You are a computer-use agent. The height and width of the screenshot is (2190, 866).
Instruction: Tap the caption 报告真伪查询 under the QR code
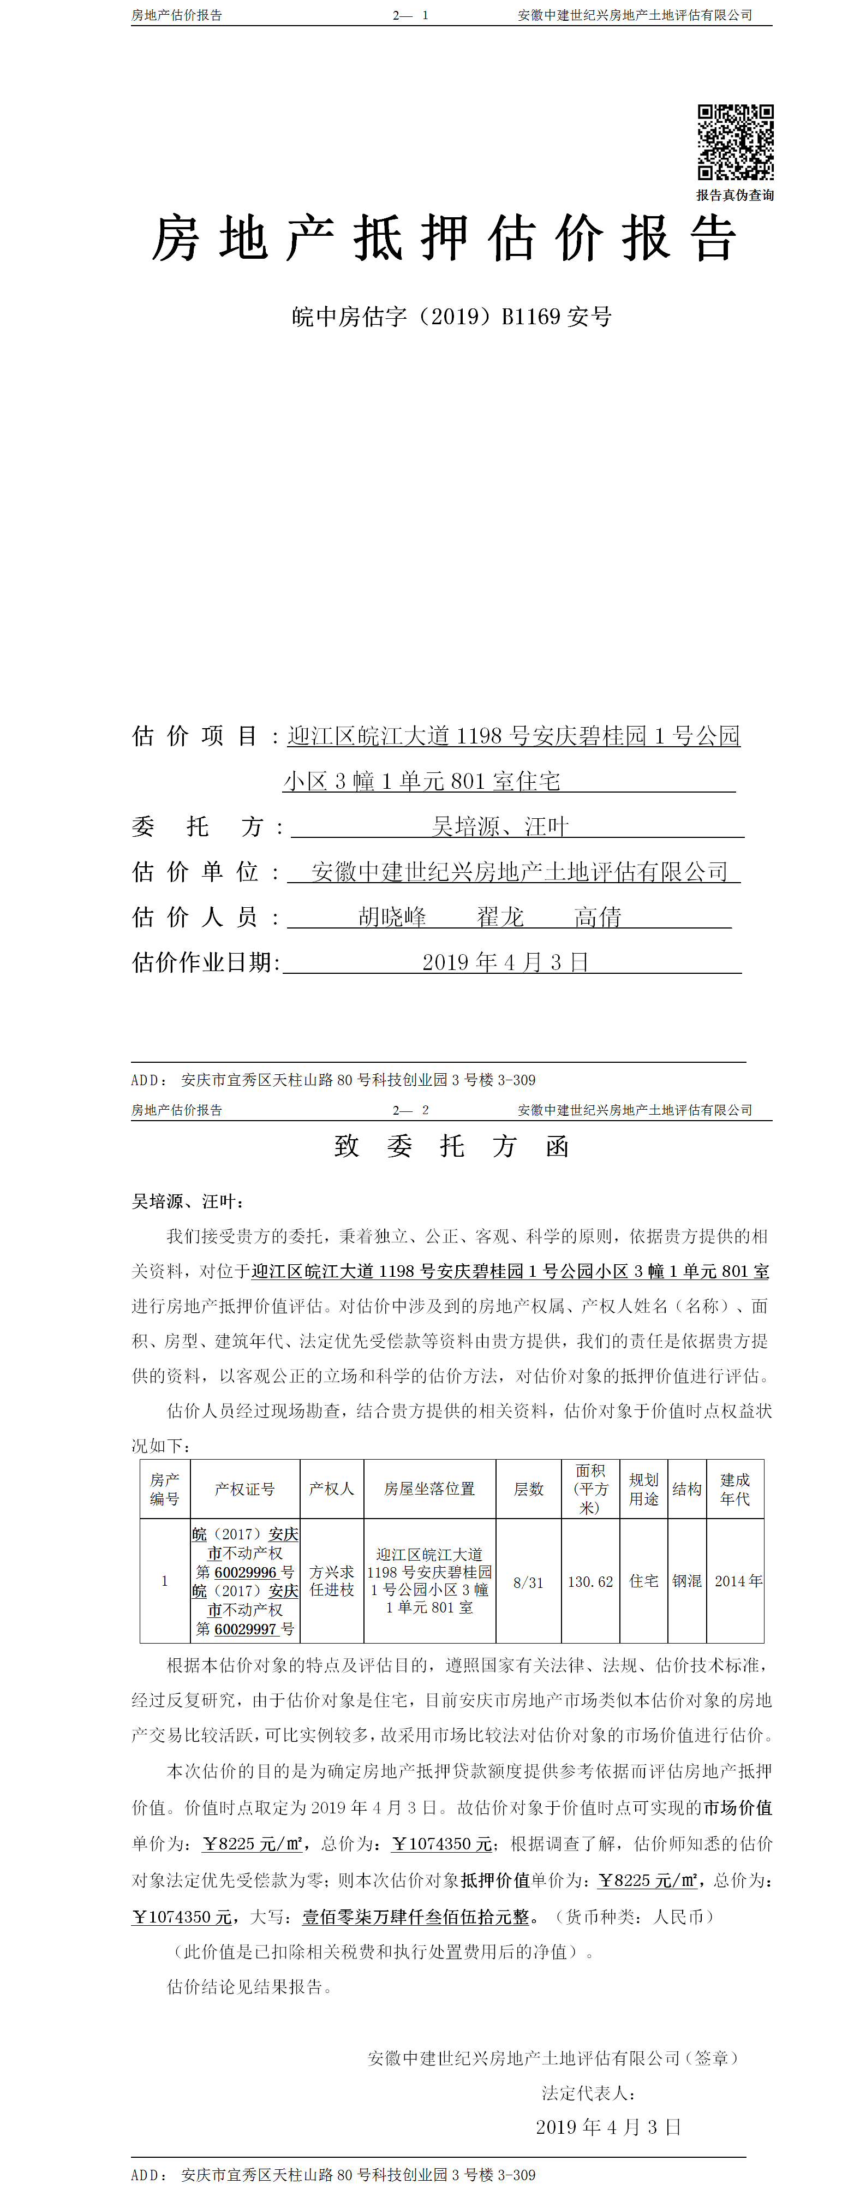[735, 195]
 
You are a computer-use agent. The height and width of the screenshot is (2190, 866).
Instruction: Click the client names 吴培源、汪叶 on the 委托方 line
[500, 826]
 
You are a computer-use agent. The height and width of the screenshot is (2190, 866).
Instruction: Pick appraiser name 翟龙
[500, 917]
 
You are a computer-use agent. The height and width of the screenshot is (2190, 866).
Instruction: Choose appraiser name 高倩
[598, 917]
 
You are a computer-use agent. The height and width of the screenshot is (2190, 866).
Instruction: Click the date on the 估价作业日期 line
[506, 962]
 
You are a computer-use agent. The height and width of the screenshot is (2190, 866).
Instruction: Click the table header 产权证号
[245, 1489]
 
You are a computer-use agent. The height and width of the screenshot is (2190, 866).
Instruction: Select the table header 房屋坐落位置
[429, 1489]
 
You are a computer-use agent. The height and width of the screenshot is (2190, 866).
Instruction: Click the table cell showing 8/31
[528, 1582]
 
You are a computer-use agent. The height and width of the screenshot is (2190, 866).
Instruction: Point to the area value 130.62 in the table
[590, 1582]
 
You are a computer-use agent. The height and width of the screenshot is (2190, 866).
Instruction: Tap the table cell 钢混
[686, 1581]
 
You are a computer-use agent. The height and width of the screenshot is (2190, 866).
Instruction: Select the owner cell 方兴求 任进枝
[331, 1581]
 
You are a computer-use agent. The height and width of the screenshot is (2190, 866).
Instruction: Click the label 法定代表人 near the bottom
[589, 2092]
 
